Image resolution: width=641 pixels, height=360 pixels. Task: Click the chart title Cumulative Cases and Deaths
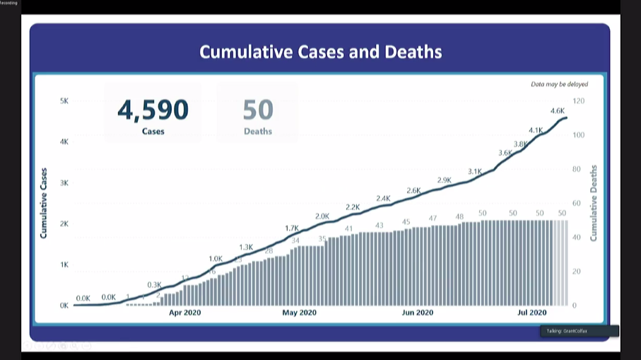(x=320, y=52)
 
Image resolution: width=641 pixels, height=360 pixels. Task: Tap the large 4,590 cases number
(x=153, y=110)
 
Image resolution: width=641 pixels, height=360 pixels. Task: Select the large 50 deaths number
(x=258, y=110)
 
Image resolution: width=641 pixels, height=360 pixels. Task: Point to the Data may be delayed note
(x=559, y=84)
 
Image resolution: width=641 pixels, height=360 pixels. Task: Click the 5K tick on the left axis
(x=64, y=101)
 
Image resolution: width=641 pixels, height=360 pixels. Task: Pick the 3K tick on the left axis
(x=64, y=183)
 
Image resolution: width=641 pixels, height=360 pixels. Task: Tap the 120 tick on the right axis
(x=579, y=101)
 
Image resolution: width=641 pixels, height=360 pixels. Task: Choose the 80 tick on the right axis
(x=577, y=169)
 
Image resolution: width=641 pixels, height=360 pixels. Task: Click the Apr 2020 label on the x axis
(x=186, y=313)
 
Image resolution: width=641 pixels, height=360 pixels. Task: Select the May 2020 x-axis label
(x=300, y=313)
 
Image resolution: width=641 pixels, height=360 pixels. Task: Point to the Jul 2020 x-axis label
(x=532, y=313)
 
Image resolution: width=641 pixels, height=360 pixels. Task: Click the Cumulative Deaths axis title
(x=594, y=203)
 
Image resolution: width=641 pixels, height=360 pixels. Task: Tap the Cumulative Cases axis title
(x=44, y=203)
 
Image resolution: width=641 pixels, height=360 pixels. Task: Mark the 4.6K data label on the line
(x=557, y=110)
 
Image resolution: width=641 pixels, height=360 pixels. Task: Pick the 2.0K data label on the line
(x=322, y=216)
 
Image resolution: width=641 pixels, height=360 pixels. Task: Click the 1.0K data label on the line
(x=216, y=259)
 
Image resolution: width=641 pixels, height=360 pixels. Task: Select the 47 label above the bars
(x=433, y=219)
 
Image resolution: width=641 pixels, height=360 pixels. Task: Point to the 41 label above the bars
(x=348, y=229)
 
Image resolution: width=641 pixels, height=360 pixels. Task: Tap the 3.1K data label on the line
(x=474, y=171)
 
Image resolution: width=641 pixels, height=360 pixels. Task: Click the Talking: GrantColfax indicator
(x=579, y=331)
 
